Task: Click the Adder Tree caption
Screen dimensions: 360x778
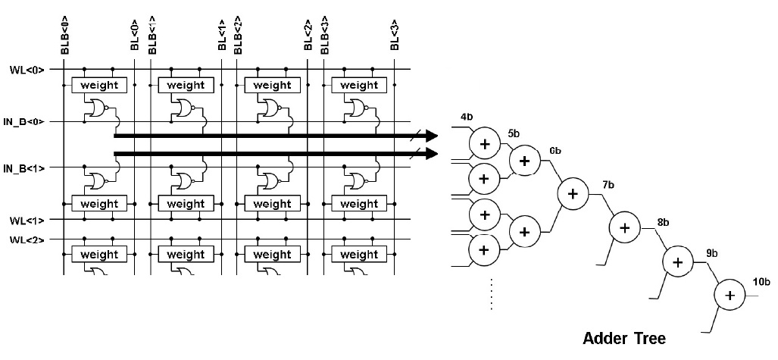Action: (624, 338)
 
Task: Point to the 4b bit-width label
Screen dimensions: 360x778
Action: (467, 118)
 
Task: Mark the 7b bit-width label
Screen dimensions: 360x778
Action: (608, 186)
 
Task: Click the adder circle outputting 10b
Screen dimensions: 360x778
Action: (730, 296)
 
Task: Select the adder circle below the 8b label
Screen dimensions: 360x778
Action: (677, 261)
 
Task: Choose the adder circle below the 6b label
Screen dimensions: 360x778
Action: (572, 193)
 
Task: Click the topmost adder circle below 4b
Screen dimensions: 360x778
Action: (484, 142)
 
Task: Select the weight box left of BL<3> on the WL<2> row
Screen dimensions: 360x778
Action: (358, 254)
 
